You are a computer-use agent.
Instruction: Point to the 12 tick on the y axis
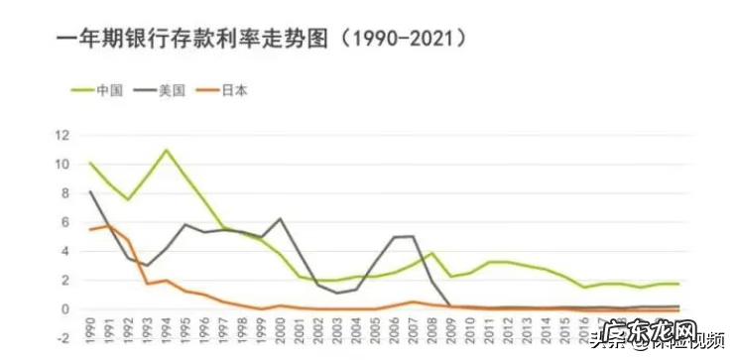62,134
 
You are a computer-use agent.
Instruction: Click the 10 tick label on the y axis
62,163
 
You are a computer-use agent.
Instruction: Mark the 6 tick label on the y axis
65,221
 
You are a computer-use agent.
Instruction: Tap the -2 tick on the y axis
62,338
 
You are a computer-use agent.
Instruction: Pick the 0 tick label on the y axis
65,309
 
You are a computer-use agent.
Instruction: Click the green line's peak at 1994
166,150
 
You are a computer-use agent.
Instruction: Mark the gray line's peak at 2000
280,218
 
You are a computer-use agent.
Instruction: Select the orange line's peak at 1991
109,225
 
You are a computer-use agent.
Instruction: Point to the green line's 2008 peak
432,253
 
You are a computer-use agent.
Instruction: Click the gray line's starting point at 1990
90,191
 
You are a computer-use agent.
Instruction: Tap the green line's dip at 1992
128,199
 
